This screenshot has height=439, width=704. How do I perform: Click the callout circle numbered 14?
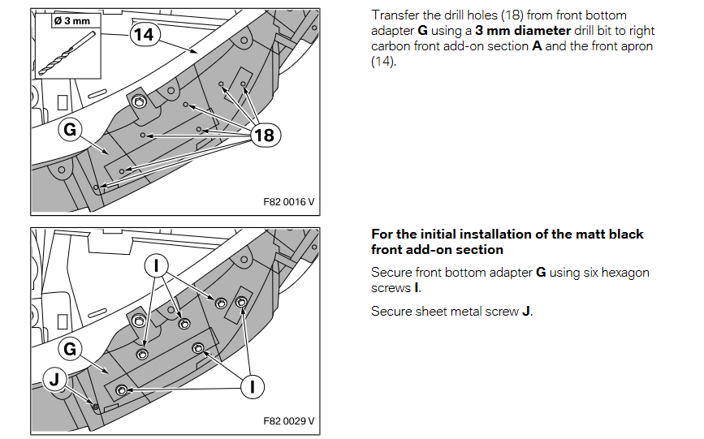tap(145, 35)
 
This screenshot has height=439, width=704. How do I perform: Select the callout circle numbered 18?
tap(265, 135)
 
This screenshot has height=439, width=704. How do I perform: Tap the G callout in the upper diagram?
tap(70, 129)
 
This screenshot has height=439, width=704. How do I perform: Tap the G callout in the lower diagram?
tap(70, 349)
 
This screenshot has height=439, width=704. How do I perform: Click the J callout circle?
tap(54, 379)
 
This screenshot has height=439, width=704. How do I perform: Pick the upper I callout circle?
tap(156, 266)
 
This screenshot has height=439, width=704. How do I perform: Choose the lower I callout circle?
tap(253, 386)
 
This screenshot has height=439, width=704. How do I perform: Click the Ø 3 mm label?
tap(71, 20)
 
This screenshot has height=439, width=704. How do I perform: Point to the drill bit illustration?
tap(67, 53)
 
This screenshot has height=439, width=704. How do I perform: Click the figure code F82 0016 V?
tap(289, 202)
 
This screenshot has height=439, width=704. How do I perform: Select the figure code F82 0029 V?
tap(289, 421)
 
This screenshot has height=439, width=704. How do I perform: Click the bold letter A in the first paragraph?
tap(537, 46)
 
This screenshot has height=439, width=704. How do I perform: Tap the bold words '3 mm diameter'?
tap(523, 31)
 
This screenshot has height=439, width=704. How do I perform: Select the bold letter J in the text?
tap(525, 312)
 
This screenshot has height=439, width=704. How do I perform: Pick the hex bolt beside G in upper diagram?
tap(139, 102)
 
